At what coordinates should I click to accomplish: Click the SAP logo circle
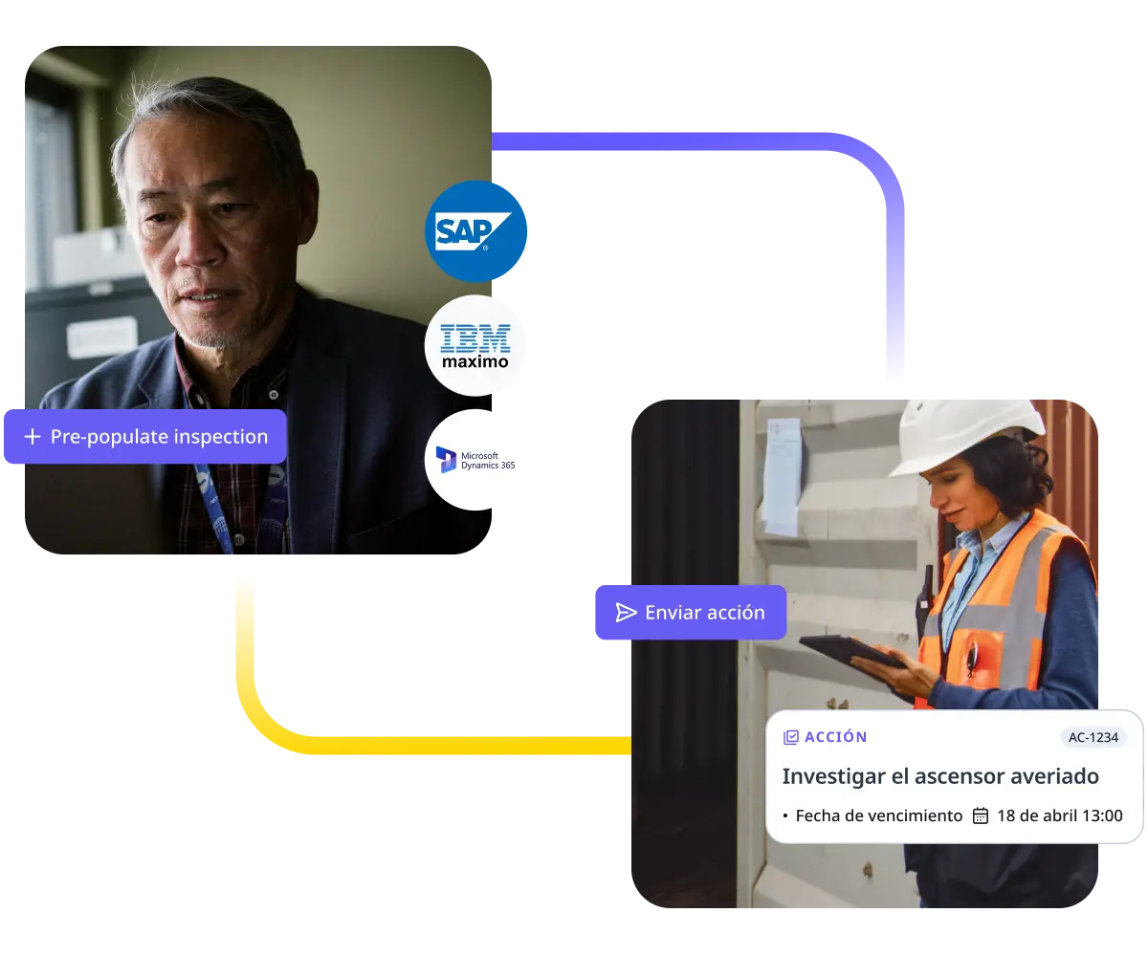click(x=475, y=231)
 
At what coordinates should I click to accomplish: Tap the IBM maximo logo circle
click(x=475, y=345)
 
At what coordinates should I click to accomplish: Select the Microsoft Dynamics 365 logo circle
click(x=475, y=460)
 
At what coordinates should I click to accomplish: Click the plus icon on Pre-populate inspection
click(x=33, y=437)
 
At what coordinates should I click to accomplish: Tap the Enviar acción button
click(x=690, y=613)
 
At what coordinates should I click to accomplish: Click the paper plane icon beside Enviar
click(x=626, y=613)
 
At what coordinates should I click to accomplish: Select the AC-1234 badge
click(x=1093, y=737)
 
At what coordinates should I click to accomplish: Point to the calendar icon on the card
click(x=981, y=815)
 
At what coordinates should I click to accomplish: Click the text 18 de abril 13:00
click(x=1059, y=815)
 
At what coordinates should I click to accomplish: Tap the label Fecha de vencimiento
click(x=878, y=815)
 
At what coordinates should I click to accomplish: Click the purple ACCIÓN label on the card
click(x=835, y=737)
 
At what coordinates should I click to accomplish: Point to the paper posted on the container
click(x=783, y=475)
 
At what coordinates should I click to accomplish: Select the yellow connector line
click(x=383, y=745)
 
